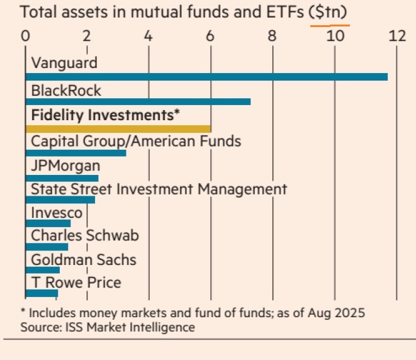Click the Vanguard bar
click(206, 77)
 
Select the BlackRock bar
click(138, 102)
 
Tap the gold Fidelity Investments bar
click(118, 128)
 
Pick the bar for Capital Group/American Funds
click(76, 152)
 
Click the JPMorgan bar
click(62, 178)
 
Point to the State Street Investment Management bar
click(60, 200)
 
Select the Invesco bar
click(48, 223)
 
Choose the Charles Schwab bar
click(47, 246)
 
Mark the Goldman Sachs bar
click(43, 270)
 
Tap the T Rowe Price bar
click(42, 293)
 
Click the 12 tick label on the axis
click(397, 36)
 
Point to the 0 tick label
click(25, 36)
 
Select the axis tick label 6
click(210, 36)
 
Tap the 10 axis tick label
click(335, 36)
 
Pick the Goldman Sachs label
click(83, 259)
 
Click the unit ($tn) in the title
click(330, 13)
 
